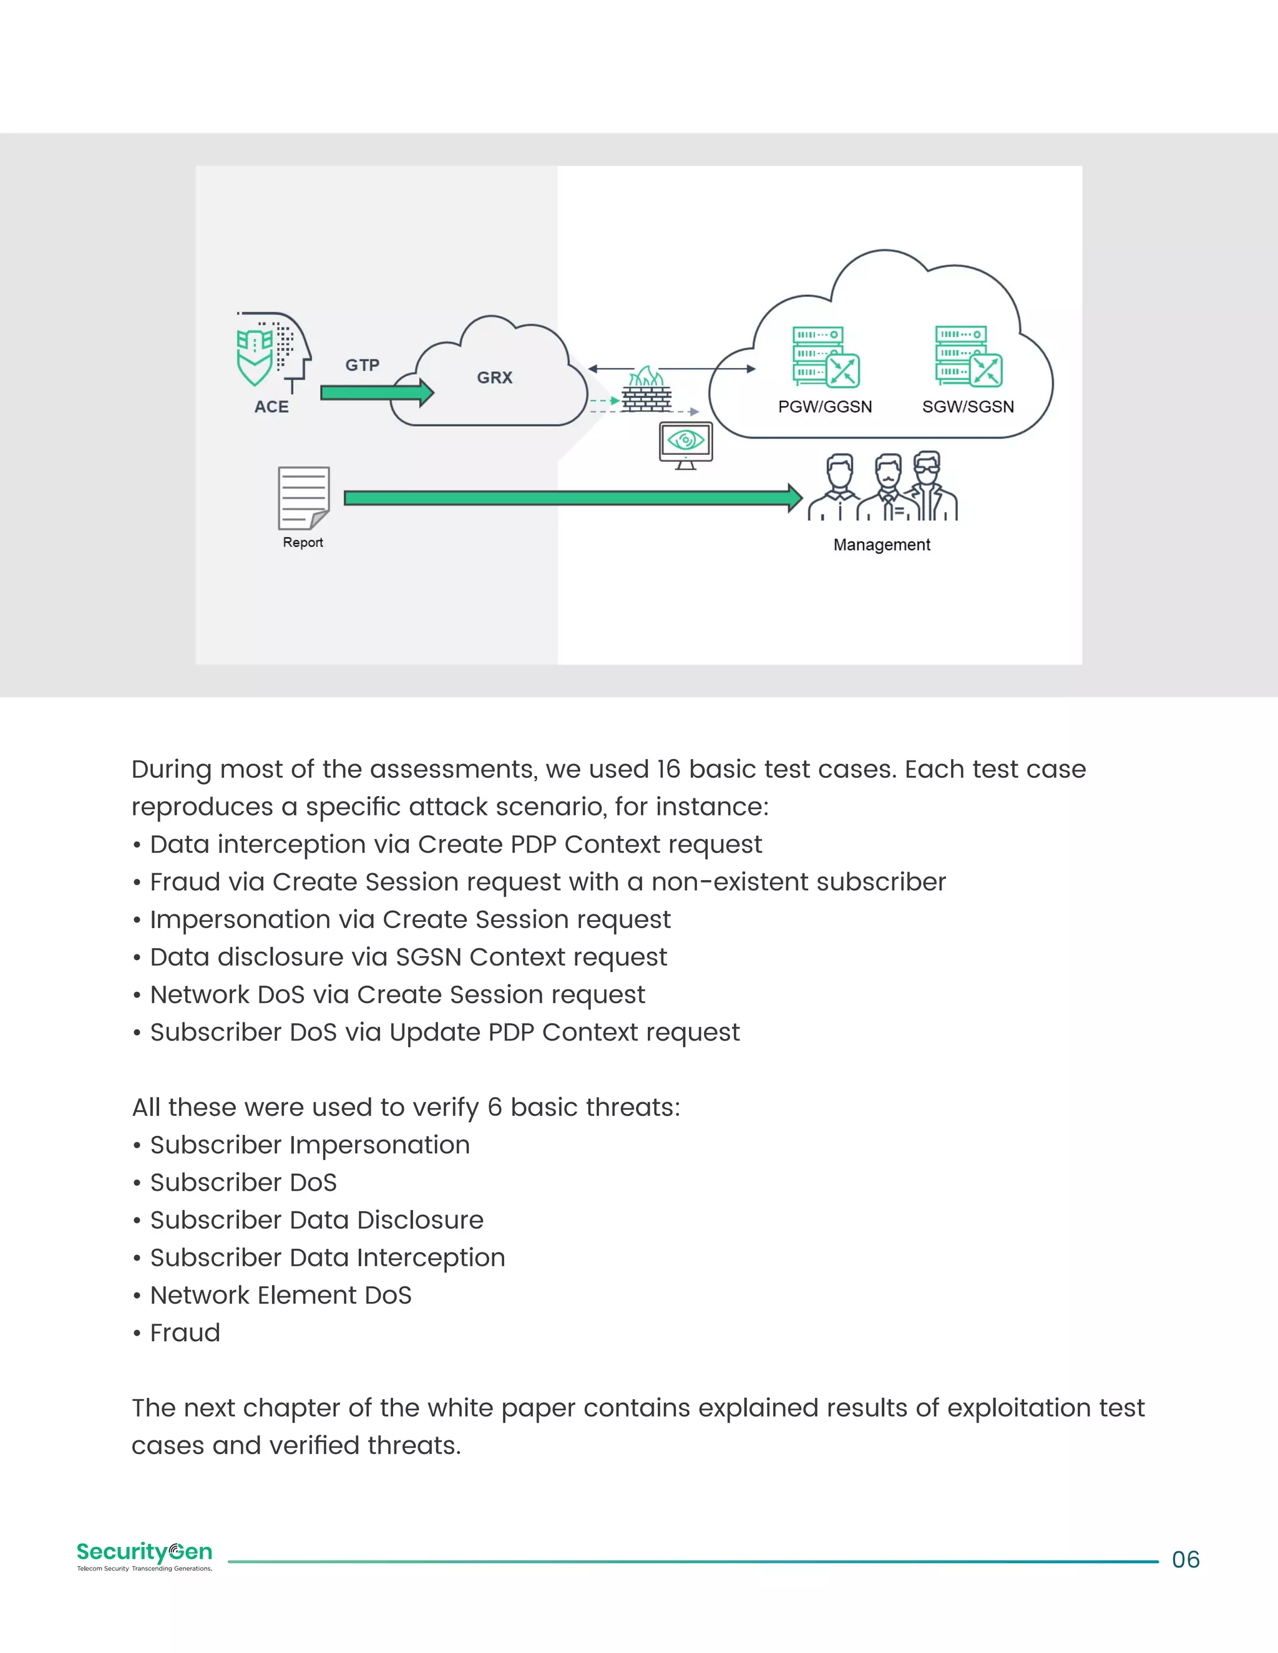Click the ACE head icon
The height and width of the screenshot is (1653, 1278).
click(x=273, y=352)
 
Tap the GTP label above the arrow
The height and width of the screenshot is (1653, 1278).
click(x=362, y=365)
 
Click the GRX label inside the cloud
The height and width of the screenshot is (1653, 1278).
click(x=494, y=377)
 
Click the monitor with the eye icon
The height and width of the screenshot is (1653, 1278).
click(x=685, y=444)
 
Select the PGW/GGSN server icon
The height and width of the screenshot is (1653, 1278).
click(x=825, y=356)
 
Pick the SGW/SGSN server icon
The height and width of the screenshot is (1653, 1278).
click(x=968, y=356)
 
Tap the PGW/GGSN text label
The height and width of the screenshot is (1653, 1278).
click(x=824, y=407)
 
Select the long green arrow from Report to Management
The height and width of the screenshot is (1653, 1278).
click(x=572, y=497)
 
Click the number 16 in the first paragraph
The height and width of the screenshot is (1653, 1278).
click(x=668, y=769)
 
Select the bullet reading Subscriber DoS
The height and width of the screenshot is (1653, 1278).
click(x=243, y=1182)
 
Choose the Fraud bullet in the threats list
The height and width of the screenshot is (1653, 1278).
click(x=185, y=1332)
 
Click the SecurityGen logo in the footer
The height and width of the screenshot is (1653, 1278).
click(x=144, y=1554)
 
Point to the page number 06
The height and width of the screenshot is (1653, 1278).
click(x=1185, y=1560)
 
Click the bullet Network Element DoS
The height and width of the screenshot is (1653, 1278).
click(x=280, y=1295)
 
